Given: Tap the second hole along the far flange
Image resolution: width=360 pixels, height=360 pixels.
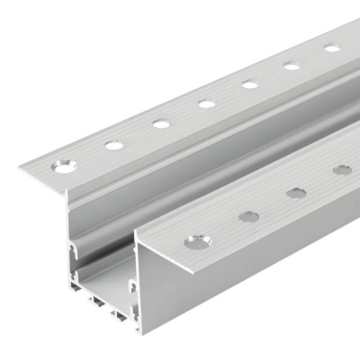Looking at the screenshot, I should [x=114, y=144].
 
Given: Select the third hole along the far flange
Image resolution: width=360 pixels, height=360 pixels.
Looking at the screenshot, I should [x=161, y=123].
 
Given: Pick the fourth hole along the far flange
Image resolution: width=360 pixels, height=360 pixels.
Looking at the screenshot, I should [x=207, y=103].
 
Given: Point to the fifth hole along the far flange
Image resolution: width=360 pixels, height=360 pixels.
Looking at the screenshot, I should [x=250, y=85].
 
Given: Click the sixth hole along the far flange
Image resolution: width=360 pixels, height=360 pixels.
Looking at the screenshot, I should [x=292, y=66].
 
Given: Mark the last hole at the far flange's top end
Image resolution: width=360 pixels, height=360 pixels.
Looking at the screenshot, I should [x=332, y=48].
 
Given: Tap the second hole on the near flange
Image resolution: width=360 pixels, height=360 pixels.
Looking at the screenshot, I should [x=246, y=215].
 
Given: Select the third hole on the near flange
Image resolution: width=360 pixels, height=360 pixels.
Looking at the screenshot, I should [x=296, y=192].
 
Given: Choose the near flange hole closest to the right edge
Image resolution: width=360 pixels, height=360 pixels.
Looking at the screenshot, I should [x=342, y=169].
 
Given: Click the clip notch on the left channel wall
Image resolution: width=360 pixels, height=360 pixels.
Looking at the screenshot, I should [x=72, y=246].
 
